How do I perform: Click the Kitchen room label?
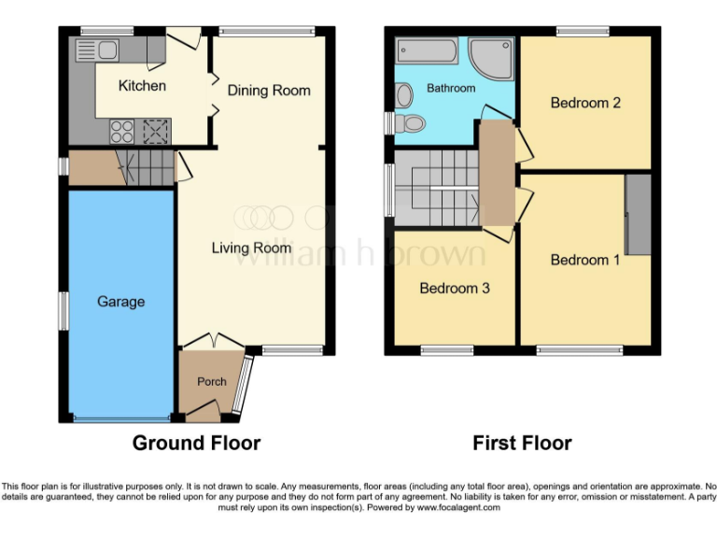coord(142,86)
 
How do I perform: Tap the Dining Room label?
coord(269,91)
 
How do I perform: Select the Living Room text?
coord(251,248)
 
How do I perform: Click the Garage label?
coord(120,302)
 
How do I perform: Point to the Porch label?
coord(211,382)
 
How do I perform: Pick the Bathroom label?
coord(451,88)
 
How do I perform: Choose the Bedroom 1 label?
coord(585,260)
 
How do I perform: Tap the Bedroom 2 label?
coord(585,103)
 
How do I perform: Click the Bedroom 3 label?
coord(455,289)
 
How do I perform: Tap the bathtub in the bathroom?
coord(427,50)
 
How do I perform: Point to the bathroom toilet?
coord(411,123)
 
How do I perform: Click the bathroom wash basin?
coord(403,94)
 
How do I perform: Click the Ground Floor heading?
coord(196,443)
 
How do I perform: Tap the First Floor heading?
coord(522,443)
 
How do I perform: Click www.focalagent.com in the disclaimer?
coord(459,508)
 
